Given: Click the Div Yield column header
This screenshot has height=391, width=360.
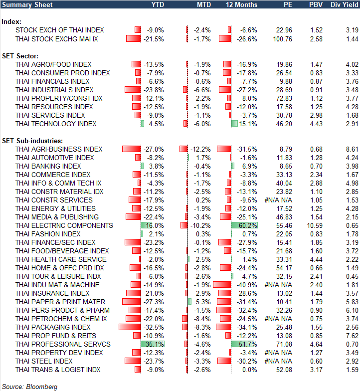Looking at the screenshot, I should [344, 4].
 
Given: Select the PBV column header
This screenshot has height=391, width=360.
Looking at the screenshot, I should [315, 4].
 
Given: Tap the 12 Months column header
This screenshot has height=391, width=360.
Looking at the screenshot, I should [242, 4].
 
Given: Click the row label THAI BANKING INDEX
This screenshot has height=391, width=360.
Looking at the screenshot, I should [48, 166].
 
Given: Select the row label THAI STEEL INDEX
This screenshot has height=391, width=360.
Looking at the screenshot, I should [44, 361].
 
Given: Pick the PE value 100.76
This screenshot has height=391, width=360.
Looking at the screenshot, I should [283, 39].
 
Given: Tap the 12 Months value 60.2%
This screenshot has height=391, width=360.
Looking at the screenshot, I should [248, 225].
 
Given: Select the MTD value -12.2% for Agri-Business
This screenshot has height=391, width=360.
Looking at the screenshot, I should [202, 149].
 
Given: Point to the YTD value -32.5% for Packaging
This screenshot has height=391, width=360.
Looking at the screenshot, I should [153, 327].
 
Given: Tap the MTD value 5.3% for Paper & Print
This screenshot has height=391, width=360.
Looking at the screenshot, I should [204, 302].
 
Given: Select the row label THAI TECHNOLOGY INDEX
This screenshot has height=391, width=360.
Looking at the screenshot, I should [56, 124].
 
